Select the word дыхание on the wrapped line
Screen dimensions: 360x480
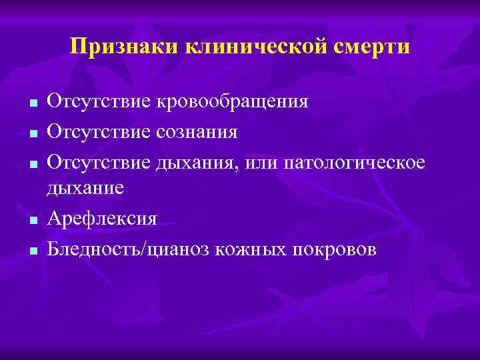coord(85,189)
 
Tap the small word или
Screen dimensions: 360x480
coord(260,163)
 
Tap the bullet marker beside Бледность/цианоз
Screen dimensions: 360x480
coord(31,251)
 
